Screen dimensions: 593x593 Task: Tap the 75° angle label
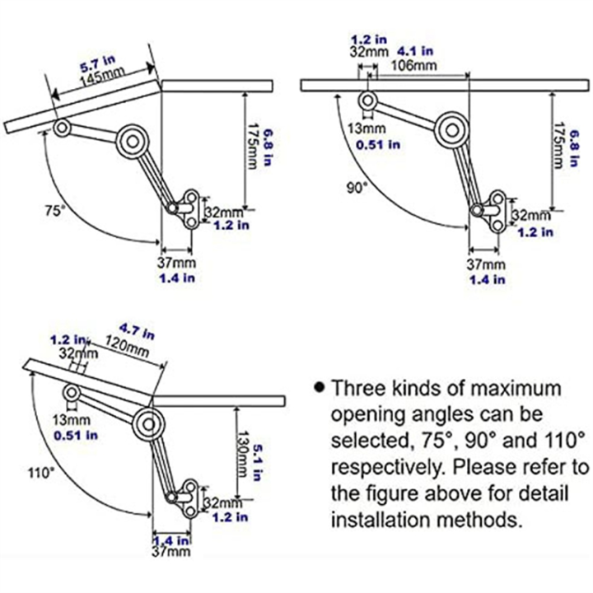coord(54,211)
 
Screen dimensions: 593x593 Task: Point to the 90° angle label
coord(356,187)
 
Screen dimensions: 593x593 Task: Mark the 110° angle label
coord(39,472)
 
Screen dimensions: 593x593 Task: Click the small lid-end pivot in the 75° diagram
coord(61,128)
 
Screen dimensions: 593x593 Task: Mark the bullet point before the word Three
coord(320,387)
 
